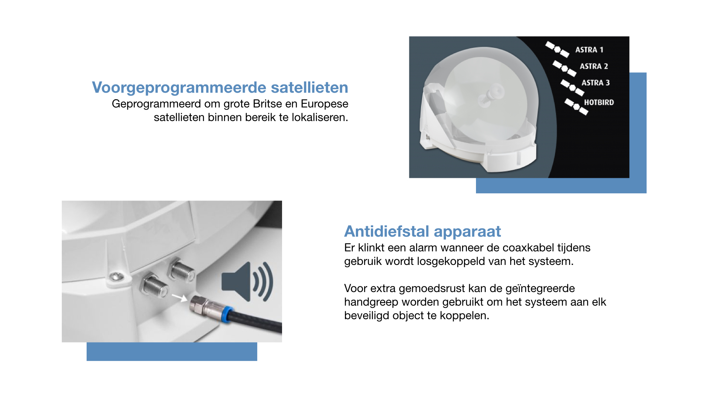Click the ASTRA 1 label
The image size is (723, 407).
[x=589, y=50]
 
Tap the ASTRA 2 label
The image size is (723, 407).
[x=594, y=66]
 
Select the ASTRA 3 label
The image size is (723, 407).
[x=595, y=83]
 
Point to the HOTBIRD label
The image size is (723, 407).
[x=599, y=103]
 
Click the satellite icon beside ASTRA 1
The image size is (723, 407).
[x=557, y=49]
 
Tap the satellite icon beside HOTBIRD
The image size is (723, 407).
[x=576, y=107]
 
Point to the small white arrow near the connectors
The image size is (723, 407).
[x=179, y=298]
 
